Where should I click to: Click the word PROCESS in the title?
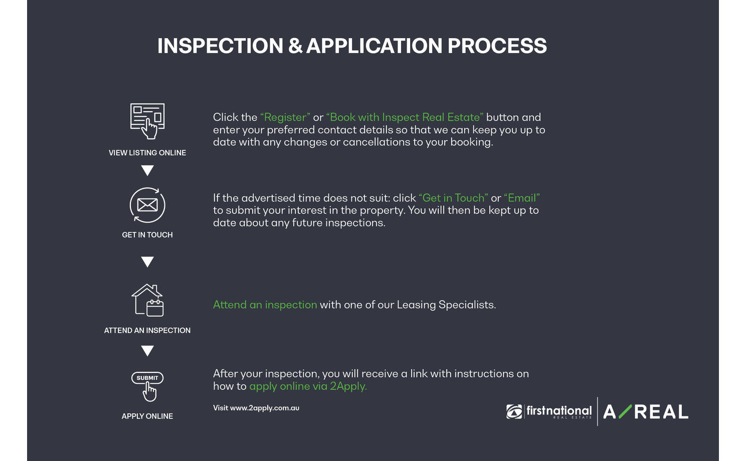click(497, 46)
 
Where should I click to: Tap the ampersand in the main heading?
click(295, 46)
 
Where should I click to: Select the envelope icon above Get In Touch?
click(147, 205)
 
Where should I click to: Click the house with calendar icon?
click(147, 300)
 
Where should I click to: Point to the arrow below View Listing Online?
click(147, 170)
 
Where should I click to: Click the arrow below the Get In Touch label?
click(147, 262)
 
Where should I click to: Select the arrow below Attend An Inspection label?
click(147, 351)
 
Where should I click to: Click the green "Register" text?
click(285, 117)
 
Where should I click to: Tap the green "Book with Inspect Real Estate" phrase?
click(405, 117)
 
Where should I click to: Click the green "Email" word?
click(522, 198)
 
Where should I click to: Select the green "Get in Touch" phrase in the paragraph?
click(453, 198)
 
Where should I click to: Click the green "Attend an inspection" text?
click(265, 305)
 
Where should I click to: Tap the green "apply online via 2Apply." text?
click(308, 386)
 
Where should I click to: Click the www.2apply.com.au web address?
click(265, 408)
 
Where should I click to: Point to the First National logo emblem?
click(514, 412)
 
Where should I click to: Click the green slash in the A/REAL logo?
click(626, 411)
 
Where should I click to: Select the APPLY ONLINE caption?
click(147, 416)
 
